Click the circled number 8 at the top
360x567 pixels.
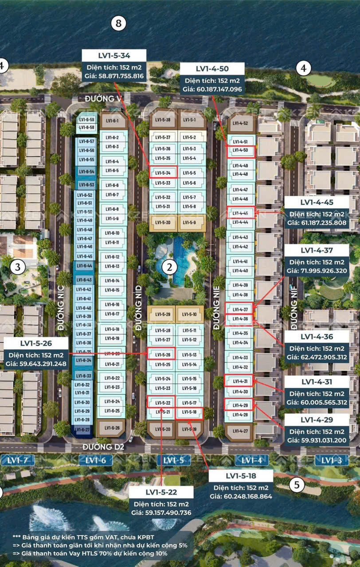coord(118,23)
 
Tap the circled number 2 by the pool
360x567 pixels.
coord(169,267)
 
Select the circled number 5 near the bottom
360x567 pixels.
coord(297,485)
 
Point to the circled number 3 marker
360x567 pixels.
coord(18,267)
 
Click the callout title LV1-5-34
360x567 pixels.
coord(114,55)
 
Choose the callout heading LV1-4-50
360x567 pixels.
coord(212,69)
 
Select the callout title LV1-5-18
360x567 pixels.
coord(241,476)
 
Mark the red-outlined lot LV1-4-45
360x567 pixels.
coord(240,213)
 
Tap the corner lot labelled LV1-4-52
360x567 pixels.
coord(240,123)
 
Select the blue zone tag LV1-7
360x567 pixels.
coord(18,460)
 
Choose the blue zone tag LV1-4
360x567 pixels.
coord(251,460)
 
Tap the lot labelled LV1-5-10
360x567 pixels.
coord(189,315)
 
